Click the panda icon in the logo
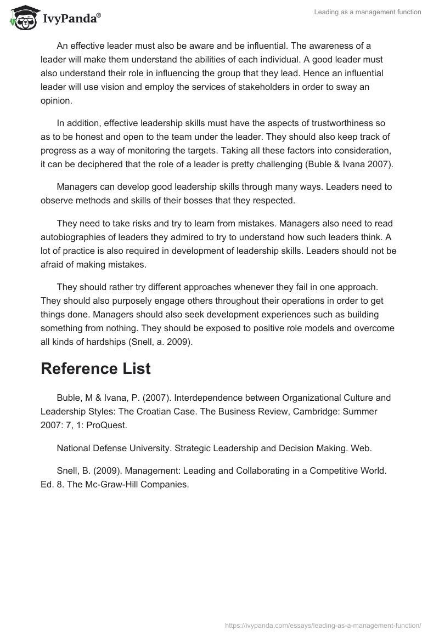(21, 16)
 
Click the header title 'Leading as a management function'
(368, 12)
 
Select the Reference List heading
(95, 368)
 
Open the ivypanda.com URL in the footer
(323, 624)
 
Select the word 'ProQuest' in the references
(108, 424)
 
